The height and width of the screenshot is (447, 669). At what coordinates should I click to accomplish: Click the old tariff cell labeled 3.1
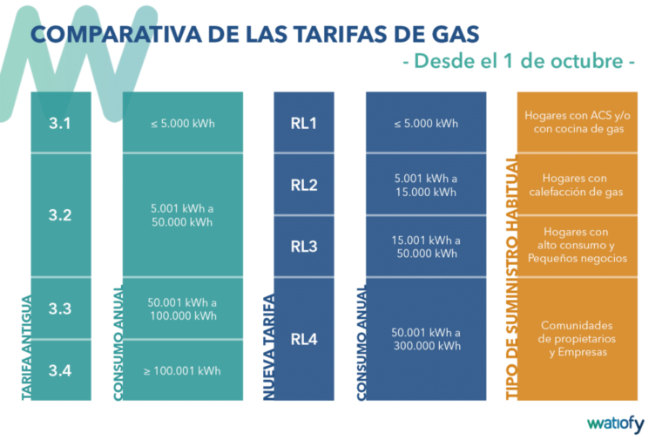click(x=60, y=123)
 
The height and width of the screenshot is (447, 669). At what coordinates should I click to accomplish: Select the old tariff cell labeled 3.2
click(x=60, y=215)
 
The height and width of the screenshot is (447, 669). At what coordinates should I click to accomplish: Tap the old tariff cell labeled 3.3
click(x=60, y=308)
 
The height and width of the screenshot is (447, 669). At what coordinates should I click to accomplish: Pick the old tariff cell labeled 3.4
click(x=60, y=370)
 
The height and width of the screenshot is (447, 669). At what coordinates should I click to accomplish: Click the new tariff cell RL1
click(x=304, y=123)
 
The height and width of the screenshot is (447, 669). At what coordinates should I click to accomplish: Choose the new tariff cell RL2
click(x=304, y=185)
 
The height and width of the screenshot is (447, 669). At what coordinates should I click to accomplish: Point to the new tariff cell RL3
click(x=304, y=246)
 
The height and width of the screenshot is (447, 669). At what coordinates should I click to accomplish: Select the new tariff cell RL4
click(x=304, y=339)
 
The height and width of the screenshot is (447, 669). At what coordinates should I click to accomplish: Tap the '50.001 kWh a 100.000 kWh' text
click(x=182, y=308)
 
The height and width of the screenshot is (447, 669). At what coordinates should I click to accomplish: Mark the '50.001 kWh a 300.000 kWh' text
click(x=426, y=339)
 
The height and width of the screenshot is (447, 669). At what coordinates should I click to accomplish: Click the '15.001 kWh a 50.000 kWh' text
click(x=426, y=247)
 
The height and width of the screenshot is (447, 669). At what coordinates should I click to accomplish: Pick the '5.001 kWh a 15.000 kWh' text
click(x=426, y=185)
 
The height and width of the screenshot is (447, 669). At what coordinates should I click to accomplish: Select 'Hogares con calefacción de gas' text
click(x=576, y=185)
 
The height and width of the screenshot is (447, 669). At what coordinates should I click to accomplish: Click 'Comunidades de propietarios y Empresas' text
click(x=576, y=339)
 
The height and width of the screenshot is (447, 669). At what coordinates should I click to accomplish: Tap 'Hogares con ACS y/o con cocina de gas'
click(x=576, y=122)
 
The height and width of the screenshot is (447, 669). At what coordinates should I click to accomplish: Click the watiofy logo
click(x=615, y=424)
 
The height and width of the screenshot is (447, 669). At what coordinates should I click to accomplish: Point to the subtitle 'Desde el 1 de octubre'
click(x=518, y=62)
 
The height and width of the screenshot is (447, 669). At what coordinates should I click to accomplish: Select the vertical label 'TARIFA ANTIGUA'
click(x=26, y=349)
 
